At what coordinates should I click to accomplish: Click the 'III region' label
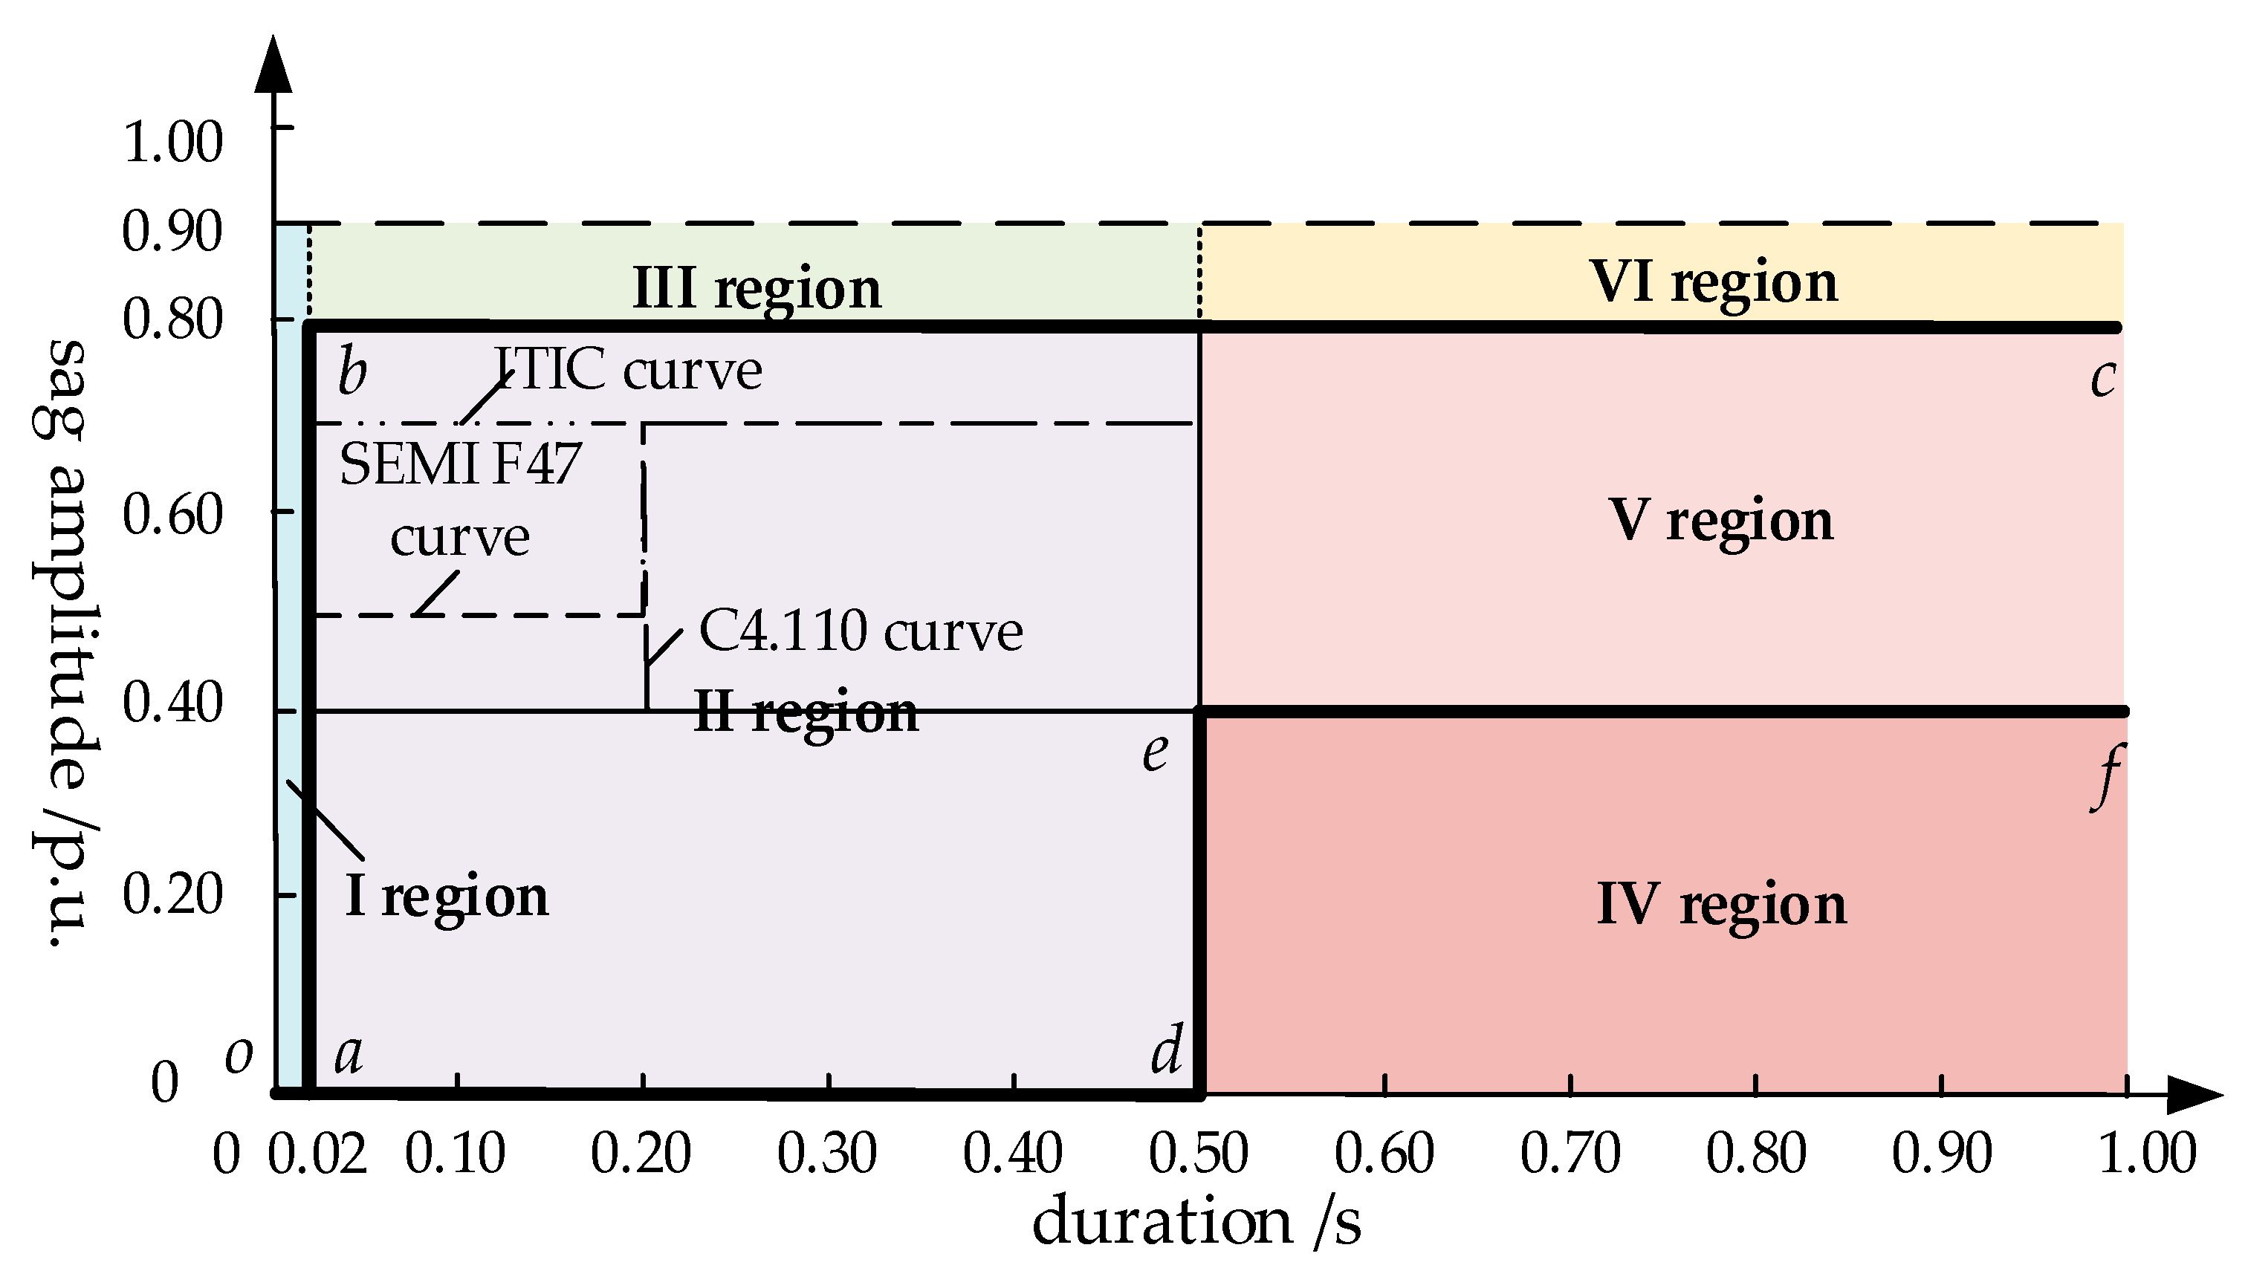757,289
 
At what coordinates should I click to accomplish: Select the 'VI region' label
1713,283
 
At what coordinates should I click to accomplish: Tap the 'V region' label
1720,521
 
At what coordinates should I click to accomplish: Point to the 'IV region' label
1721,904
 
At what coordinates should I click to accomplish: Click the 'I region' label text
447,897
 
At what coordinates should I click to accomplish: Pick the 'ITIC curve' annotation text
628,369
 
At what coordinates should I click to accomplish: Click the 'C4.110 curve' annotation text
861,631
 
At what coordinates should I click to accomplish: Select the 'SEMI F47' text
460,464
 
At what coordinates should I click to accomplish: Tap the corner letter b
352,371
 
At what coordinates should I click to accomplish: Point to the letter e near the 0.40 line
1156,752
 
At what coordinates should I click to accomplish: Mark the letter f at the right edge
2107,776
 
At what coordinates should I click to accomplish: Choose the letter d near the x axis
1167,1050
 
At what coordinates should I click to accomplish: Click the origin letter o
239,1056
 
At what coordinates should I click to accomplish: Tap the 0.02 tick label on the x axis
317,1154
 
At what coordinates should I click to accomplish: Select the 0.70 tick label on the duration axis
1570,1154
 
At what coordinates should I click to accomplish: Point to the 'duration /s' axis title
1196,1221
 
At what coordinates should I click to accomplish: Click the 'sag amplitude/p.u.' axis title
65,643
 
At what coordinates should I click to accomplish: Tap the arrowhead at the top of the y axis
274,65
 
